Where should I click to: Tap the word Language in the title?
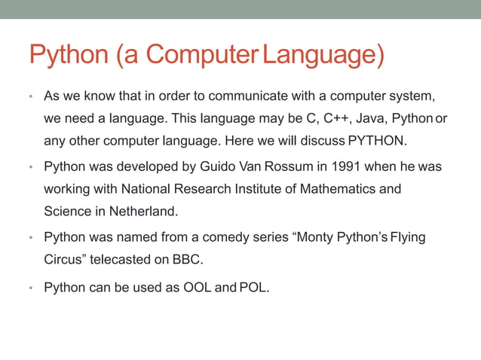click(319, 54)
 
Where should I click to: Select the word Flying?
click(407, 237)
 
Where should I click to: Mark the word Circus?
click(63, 259)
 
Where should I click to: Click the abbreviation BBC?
click(188, 259)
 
